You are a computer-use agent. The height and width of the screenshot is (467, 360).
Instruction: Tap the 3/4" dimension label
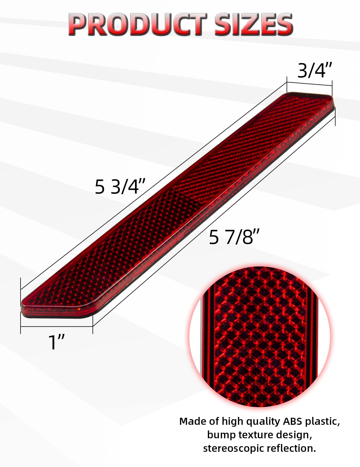315,70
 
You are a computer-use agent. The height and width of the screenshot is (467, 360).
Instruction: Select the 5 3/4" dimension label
120,187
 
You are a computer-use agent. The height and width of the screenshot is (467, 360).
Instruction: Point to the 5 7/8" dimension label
234,237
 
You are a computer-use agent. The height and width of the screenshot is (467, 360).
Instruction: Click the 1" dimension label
57,342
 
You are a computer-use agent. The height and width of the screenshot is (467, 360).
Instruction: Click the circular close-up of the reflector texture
259,336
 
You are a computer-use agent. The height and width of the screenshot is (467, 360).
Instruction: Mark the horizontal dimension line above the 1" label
57,327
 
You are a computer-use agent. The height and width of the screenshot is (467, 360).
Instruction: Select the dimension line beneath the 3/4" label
309,84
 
